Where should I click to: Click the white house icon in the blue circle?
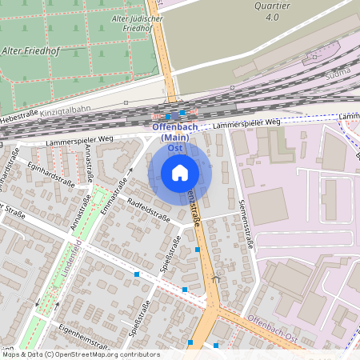180,172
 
